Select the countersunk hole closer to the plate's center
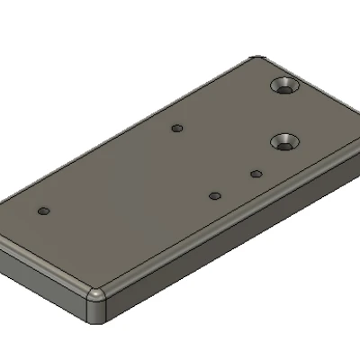click(286, 141)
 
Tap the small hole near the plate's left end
click(43, 211)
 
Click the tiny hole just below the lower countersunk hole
click(256, 173)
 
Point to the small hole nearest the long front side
click(214, 195)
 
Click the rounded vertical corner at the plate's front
click(95, 306)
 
